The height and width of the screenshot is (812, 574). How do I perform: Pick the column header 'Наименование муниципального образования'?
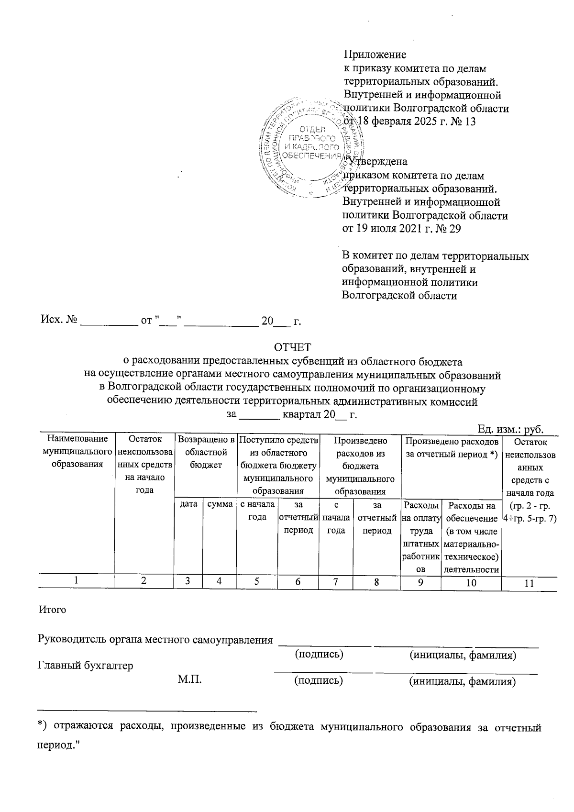pos(77,451)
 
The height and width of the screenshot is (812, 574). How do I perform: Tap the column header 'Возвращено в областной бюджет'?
pos(206,451)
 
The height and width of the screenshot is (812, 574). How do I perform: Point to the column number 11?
pos(529,583)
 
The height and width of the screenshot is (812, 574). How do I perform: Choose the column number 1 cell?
pos(77,581)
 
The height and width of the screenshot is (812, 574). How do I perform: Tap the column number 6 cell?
pos(298,582)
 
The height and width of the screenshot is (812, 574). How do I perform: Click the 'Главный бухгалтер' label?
pos(85,666)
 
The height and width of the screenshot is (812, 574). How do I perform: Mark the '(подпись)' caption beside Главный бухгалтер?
pos(319,680)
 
